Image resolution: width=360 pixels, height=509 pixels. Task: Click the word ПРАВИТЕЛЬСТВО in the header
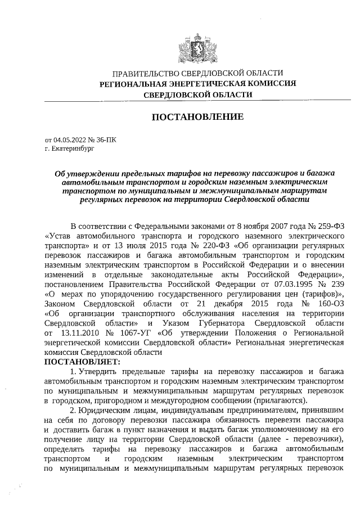(142, 73)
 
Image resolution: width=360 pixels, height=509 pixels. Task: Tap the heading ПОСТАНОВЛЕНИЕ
(197, 117)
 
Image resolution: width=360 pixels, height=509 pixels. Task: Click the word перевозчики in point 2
(318, 440)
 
